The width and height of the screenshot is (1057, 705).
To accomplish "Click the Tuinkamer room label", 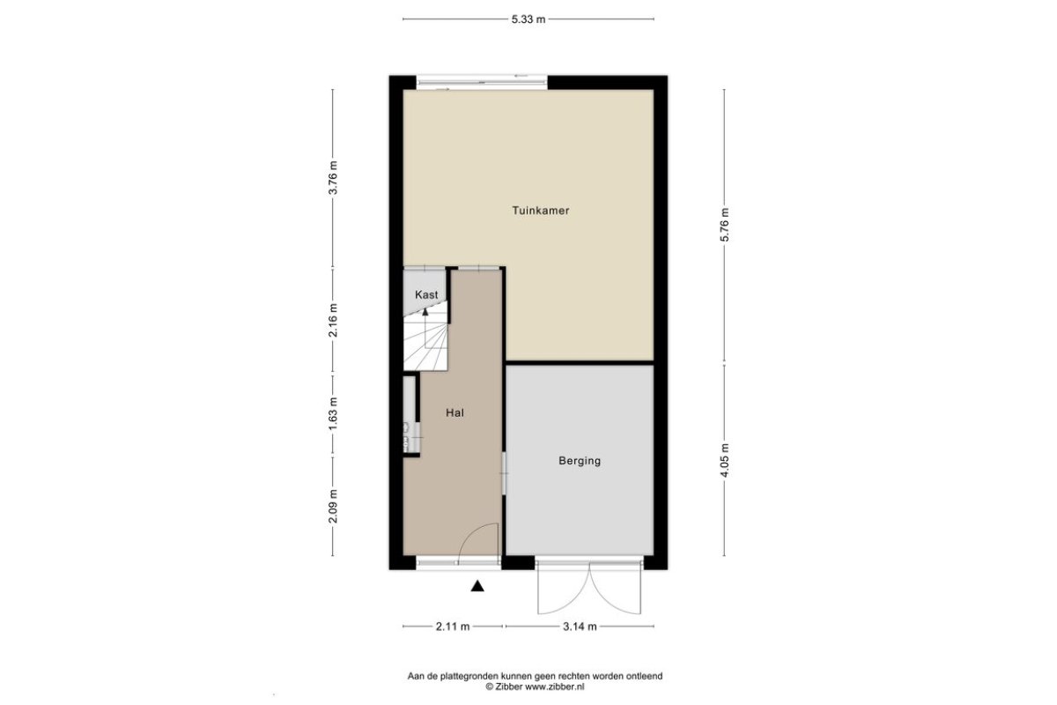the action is pos(541,211).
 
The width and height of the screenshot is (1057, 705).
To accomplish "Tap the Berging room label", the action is pos(580,460).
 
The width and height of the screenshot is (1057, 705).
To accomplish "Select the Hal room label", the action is pos(455,412).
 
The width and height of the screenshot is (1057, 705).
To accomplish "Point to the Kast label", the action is pos(426,294).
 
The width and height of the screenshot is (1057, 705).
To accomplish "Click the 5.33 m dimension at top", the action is pos(528,19).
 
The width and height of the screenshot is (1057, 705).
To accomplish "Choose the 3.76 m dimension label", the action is pos(333,177).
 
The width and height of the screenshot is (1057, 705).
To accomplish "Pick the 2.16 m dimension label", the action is pos(333,320).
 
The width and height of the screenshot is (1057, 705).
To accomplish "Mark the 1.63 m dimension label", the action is pos(333,414).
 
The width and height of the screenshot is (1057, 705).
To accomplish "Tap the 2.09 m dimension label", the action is pos(333,506).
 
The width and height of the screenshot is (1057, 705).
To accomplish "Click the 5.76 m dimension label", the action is pos(725,225).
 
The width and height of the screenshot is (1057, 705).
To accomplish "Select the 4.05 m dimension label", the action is pos(725,460).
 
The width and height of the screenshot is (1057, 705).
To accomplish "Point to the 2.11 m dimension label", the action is pos(453,627).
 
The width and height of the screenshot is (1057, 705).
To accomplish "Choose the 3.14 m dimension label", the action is pos(580,627).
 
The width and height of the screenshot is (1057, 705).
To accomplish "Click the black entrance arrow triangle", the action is pos(477,586).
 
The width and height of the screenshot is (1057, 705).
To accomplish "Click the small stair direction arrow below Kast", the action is pos(425,311).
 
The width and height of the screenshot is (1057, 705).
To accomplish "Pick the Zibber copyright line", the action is pos(536,687).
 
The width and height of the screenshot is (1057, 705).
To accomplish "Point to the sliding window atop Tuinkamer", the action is pos(482,82).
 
